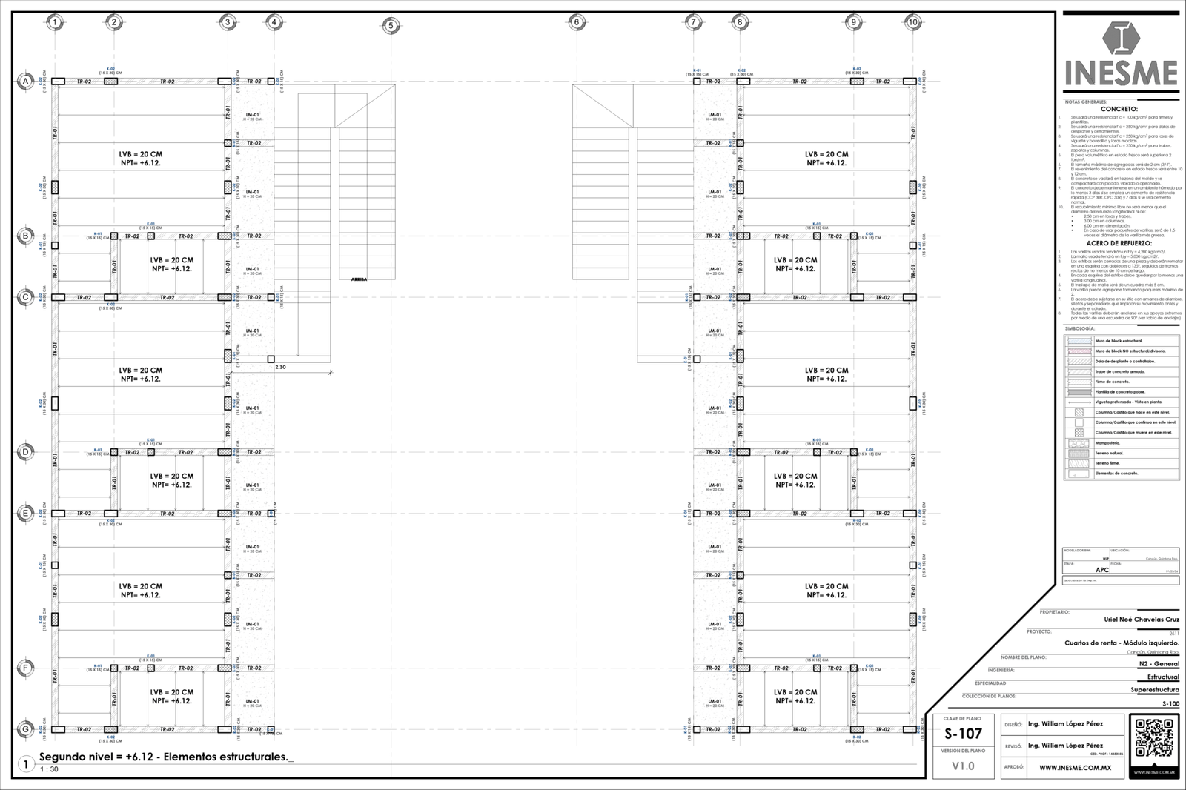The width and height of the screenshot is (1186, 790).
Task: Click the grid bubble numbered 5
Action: tap(391, 27)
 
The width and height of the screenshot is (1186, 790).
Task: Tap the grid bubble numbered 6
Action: tap(576, 23)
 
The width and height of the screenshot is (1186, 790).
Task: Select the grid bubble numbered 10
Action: tap(913, 22)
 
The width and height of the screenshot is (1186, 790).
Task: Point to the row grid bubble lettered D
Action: tap(25, 451)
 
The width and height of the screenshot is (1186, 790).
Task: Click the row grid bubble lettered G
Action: tap(25, 729)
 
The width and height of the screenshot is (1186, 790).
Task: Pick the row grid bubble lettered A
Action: tap(25, 82)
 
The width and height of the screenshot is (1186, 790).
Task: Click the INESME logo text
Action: tap(1121, 73)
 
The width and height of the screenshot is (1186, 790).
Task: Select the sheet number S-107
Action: tap(963, 734)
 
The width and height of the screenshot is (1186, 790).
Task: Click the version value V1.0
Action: tap(963, 766)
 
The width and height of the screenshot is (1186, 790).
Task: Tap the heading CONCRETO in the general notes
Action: tap(1119, 109)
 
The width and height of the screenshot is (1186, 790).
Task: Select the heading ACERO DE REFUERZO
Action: tap(1119, 243)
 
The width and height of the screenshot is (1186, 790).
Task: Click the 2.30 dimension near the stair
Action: tap(280, 367)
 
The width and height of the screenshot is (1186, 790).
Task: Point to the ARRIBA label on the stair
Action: tap(359, 279)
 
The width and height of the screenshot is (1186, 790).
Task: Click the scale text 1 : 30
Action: tap(49, 769)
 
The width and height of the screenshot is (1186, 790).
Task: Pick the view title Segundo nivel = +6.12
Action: tap(163, 757)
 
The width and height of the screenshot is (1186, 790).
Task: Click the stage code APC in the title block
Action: tap(1102, 570)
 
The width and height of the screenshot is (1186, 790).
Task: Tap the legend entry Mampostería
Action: tap(1108, 442)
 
